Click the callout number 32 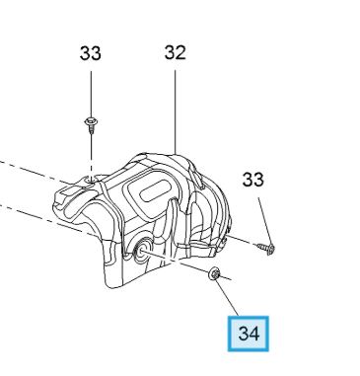tap(176, 52)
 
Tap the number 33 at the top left tap(91, 53)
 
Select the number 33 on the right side tap(253, 180)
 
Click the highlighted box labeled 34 tap(249, 334)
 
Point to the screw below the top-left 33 tap(91, 125)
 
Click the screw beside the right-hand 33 tap(266, 249)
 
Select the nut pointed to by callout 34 tap(215, 273)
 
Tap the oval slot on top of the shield tap(156, 190)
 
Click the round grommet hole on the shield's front tap(141, 250)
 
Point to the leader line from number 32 tap(176, 111)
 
